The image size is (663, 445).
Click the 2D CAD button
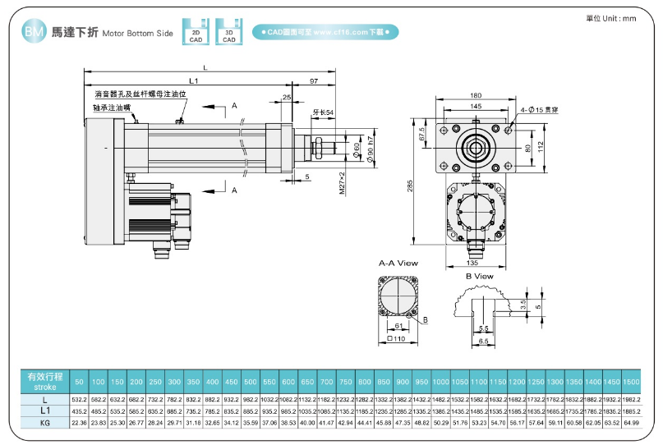coord(196,32)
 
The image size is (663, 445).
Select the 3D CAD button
coord(229,32)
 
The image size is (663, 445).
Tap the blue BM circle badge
coord(34,32)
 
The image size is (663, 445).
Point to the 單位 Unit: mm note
coord(611,18)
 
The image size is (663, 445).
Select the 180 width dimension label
coord(476,94)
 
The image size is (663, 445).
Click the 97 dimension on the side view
coord(314,80)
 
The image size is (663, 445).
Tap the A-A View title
coord(398,264)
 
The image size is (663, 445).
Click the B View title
coord(479,276)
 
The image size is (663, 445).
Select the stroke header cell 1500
coord(631,383)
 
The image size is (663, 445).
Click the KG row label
coord(44,422)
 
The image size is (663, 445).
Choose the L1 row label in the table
coord(44,410)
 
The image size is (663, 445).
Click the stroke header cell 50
coord(79,383)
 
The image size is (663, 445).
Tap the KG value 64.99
coord(631,422)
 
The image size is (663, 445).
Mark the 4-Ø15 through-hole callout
coord(540,108)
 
